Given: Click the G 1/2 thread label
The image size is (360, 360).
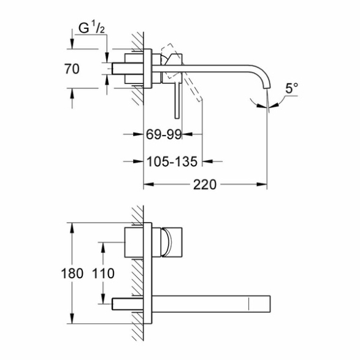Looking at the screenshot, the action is [91, 28].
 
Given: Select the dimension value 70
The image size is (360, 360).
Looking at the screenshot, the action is [72, 69].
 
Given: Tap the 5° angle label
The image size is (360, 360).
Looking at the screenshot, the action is [291, 88].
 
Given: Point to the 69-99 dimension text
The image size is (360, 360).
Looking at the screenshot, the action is [164, 134].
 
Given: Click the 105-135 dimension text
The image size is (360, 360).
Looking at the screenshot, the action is [172, 161].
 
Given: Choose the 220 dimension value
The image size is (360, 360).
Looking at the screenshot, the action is [205, 185].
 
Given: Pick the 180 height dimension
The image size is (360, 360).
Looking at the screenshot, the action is [72, 274].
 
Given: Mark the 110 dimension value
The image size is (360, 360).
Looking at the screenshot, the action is [103, 274].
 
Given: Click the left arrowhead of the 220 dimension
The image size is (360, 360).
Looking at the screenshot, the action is [148, 185].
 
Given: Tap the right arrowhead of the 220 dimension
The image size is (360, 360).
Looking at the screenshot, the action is [262, 185].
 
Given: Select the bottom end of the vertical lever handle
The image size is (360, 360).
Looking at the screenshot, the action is [177, 117].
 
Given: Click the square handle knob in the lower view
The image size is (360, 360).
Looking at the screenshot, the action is [172, 242].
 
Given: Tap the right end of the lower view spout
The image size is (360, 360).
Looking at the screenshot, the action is [270, 304].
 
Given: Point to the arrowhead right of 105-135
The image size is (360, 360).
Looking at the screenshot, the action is [207, 161].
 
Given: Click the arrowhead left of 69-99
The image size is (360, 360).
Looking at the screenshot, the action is [138, 134].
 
